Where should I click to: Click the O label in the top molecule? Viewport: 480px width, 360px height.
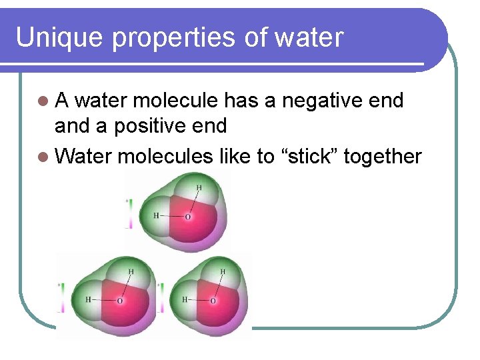pos(187,217)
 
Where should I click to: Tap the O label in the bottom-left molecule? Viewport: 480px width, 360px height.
pos(119,301)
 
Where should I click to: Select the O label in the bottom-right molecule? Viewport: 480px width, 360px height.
pos(213,301)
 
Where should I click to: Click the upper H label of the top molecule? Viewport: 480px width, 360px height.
pos(198,188)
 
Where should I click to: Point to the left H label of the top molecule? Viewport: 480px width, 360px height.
pos(156,216)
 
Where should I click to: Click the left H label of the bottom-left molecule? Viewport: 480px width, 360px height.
pos(88,300)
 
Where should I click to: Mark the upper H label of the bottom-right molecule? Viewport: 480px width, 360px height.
pos(223,272)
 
